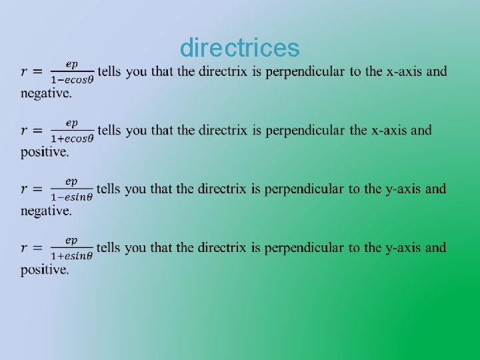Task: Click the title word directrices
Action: tap(240, 48)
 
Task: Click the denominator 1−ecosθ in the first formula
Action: tap(72, 79)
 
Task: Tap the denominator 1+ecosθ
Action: tap(72, 137)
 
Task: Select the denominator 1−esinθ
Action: tap(71, 196)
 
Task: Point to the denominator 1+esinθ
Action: tap(71, 255)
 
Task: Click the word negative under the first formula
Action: tap(45, 93)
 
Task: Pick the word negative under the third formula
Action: tap(45, 211)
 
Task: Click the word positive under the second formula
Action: tap(44, 152)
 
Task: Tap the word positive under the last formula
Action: tap(44, 269)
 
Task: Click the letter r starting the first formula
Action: tap(25, 72)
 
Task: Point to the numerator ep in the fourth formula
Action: tap(71, 240)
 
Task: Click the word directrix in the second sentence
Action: tap(223, 130)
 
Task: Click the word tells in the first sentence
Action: tap(109, 71)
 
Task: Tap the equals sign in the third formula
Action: tap(38, 189)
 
